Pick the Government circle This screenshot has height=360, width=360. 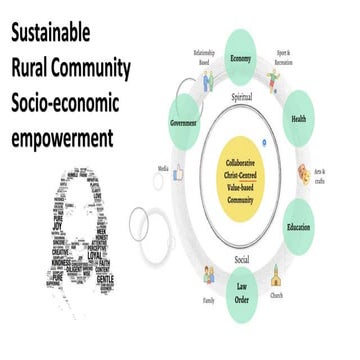coord(181,127)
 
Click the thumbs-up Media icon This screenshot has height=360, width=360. coord(181,172)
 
